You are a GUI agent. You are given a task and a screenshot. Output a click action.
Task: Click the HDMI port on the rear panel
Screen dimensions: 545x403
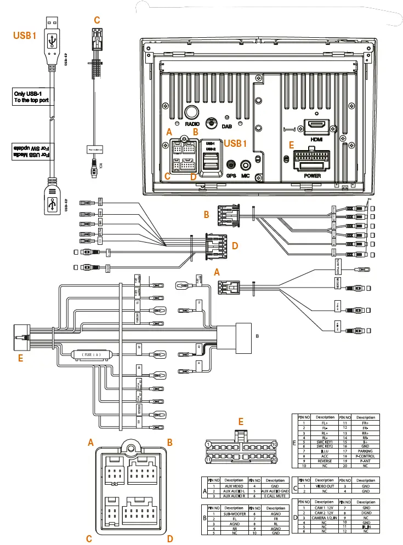pos(316,125)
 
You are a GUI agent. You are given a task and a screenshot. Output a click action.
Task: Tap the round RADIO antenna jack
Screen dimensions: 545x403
pos(191,112)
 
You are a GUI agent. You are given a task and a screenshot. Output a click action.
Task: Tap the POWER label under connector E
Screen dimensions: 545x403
pos(313,176)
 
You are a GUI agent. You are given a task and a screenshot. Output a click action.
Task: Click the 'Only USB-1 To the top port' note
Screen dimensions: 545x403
pos(30,97)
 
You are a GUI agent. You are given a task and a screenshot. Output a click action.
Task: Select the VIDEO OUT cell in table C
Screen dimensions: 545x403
pos(325,485)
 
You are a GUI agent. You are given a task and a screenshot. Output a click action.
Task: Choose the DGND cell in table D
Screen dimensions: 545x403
pos(366,512)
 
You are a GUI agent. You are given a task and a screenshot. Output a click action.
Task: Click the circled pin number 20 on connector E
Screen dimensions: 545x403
pos(275,460)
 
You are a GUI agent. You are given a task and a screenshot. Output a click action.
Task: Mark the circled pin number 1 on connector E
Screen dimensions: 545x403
pos(208,444)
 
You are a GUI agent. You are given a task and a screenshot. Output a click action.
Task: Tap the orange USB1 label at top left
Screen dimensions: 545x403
pos(24,36)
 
